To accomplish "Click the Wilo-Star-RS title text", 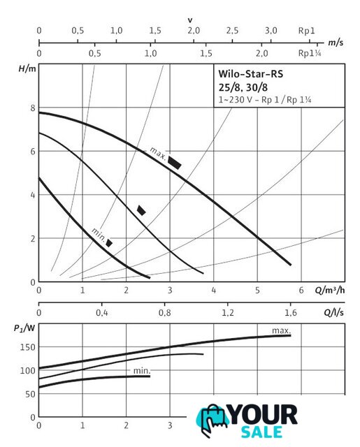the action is tap(250, 74).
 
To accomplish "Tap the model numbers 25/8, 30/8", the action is tap(243, 87).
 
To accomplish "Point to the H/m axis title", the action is tap(27, 68).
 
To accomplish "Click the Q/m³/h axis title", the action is tap(329, 291).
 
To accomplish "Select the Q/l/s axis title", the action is tap(333, 312).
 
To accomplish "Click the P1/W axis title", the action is tap(24, 328).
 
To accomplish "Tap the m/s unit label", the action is tap(336, 43).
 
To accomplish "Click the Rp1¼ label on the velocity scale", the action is tap(310, 53).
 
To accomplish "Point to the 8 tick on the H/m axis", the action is tap(33, 108).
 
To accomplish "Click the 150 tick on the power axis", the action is tap(27, 347).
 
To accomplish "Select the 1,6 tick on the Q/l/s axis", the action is tap(290, 313).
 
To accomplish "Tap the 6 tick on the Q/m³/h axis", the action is tap(301, 291).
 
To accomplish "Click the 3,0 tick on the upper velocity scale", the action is tap(271, 31).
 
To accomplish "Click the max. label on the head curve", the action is tap(158, 154).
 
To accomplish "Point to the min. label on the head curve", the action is tap(99, 235).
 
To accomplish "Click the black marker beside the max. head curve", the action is tap(174, 163).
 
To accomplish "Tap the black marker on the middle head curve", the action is tap(141, 210).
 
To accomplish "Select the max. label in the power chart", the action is tap(281, 330).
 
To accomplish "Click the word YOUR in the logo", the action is tap(262, 415).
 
